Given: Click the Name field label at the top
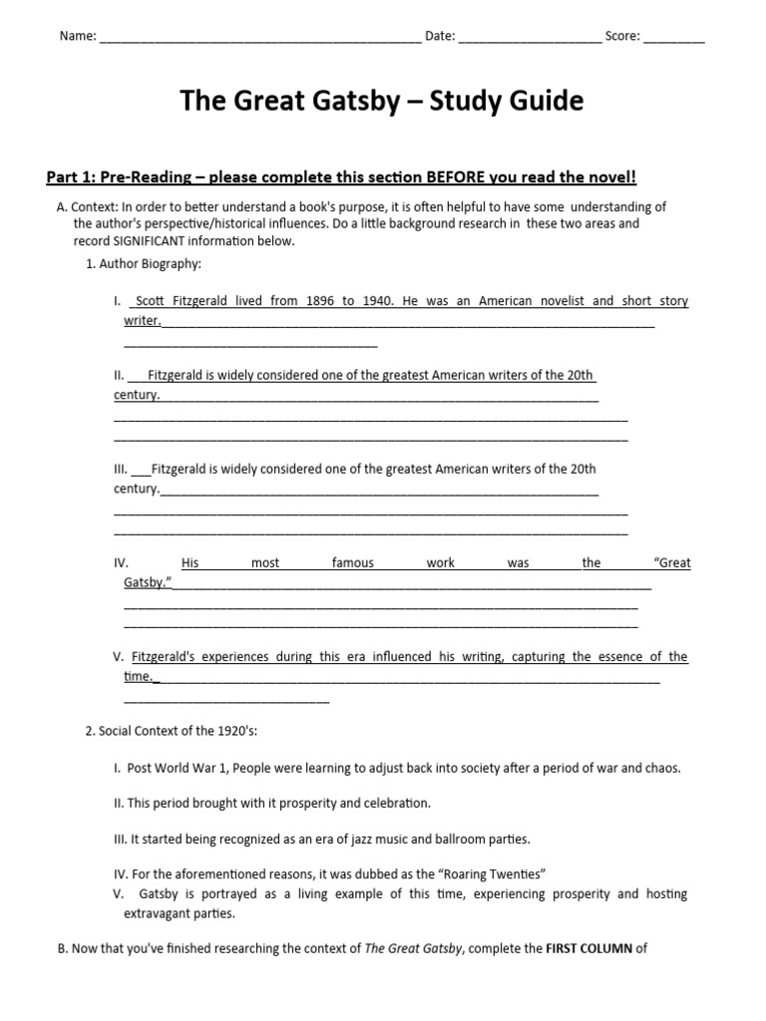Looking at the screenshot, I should click(x=78, y=37).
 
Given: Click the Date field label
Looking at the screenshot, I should click(x=440, y=37).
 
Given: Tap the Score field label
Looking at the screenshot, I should click(x=622, y=37).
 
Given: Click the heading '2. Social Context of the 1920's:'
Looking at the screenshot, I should click(x=172, y=731).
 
